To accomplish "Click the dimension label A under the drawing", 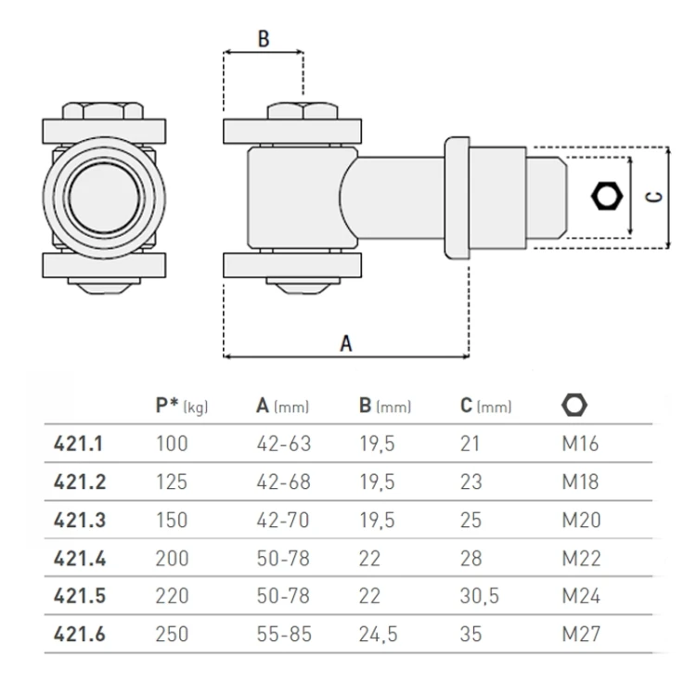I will click(346, 342).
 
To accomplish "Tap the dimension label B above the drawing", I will click(263, 39).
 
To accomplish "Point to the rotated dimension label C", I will click(653, 198).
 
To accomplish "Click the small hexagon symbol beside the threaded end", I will click(607, 197).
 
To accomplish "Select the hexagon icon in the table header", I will click(574, 406).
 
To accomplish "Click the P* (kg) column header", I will click(182, 406).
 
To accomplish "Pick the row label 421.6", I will click(79, 634).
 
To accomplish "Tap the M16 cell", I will click(580, 444).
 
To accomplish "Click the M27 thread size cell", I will click(581, 634).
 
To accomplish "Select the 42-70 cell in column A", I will click(283, 520).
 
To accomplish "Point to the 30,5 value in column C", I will click(480, 596).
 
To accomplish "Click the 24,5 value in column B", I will click(378, 634).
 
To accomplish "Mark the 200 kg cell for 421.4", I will click(172, 558).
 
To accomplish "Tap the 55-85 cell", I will click(283, 634).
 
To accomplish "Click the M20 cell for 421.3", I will click(581, 520).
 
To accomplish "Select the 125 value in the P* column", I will click(172, 482).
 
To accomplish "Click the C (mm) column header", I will click(485, 406).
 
